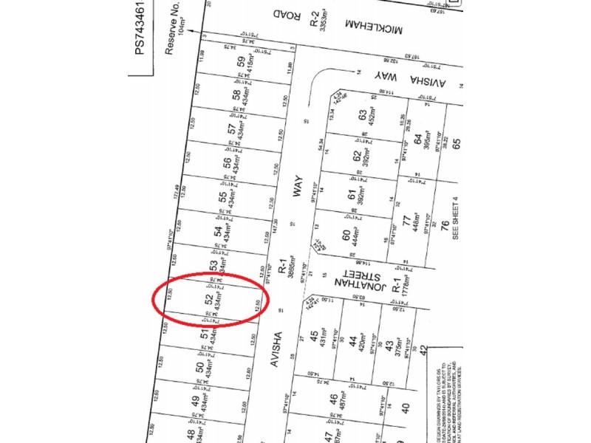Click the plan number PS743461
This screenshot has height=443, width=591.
pos(140,37)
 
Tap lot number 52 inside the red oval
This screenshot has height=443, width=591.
pos(208,301)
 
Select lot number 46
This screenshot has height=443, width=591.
pos(334,399)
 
